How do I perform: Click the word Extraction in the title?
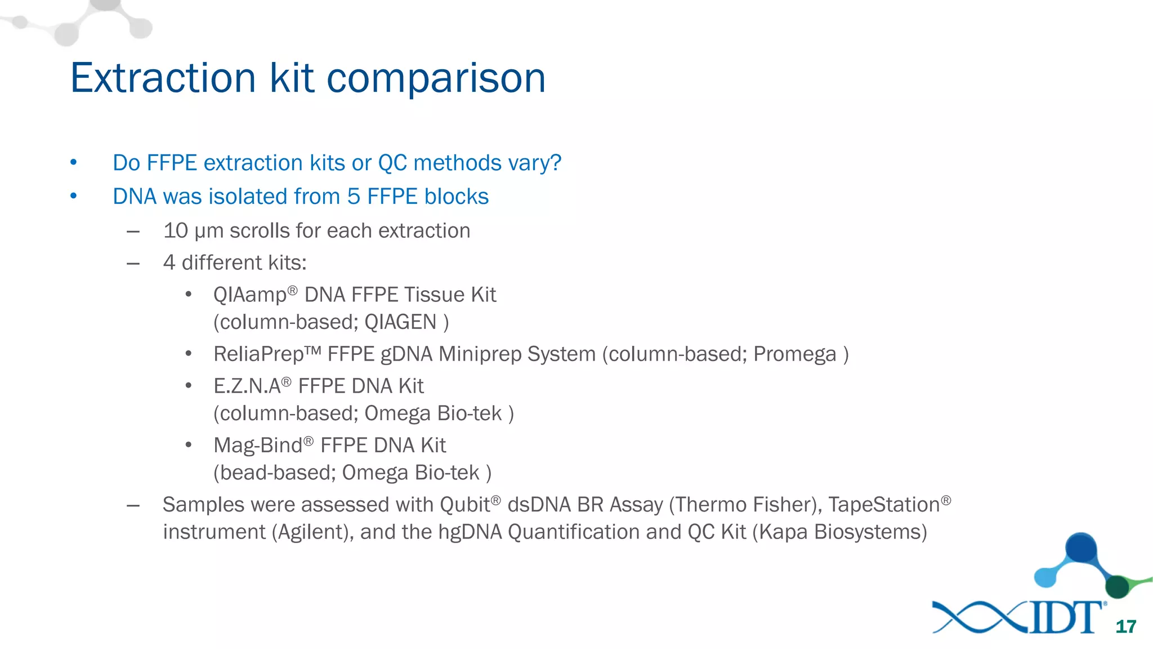[163, 78]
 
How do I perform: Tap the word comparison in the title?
[436, 78]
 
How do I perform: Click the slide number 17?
[1125, 626]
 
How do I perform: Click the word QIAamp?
[249, 295]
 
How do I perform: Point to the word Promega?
[794, 354]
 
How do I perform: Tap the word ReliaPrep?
[258, 354]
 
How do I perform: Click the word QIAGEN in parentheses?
[400, 322]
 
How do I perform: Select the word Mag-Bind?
[257, 446]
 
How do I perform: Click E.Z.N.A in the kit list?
[247, 386]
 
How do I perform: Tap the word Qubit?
[464, 505]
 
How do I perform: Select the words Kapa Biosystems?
[839, 532]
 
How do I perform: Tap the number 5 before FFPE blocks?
[353, 197]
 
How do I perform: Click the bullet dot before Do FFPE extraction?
[73, 163]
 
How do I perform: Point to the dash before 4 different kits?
[133, 263]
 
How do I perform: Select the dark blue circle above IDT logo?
[1081, 548]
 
